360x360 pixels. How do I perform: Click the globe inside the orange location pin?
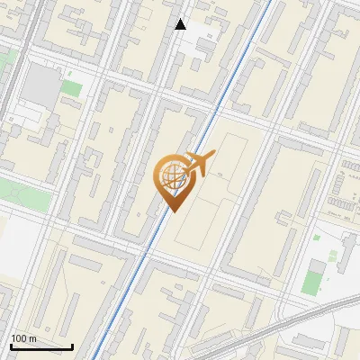point(173,177)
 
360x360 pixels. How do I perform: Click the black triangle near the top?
point(181,24)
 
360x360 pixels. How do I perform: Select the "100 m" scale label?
point(24,338)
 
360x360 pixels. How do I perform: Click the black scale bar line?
point(41,346)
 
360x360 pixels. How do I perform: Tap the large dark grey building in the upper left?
point(40,84)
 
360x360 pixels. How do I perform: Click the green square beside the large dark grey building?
point(72,89)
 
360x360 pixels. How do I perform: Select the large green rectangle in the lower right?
point(312,279)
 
